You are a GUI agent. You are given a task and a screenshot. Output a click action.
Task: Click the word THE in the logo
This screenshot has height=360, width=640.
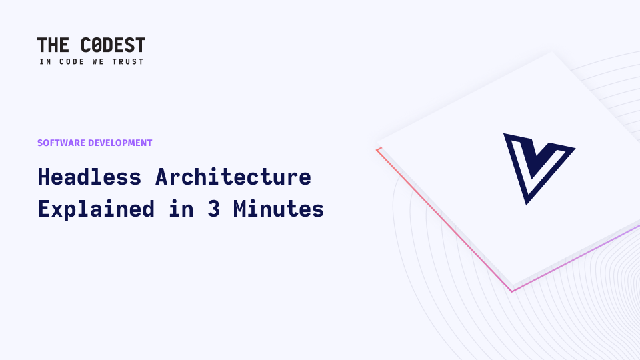(x=53, y=45)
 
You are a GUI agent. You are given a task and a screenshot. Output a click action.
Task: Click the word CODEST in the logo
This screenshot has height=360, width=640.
(x=113, y=45)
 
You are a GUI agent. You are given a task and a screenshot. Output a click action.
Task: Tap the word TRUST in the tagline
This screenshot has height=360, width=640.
(x=128, y=61)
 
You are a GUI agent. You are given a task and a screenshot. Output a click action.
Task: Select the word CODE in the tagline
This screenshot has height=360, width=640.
(x=72, y=61)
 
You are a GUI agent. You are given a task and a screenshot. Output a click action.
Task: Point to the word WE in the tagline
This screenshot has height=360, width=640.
(x=98, y=61)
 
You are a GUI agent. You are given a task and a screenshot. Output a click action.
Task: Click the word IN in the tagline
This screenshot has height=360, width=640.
(x=45, y=61)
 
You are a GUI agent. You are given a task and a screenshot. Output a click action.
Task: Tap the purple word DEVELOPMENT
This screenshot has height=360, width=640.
(x=120, y=143)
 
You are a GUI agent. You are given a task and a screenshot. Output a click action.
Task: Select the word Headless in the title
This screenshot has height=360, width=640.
(x=89, y=177)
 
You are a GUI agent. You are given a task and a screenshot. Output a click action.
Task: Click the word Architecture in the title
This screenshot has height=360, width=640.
(x=233, y=177)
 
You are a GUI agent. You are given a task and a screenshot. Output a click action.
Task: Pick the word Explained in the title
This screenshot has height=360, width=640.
(x=96, y=209)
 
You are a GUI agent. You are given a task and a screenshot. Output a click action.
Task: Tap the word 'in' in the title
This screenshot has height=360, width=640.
(x=181, y=209)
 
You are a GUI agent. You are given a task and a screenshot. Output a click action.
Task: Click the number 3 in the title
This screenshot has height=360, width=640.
(x=214, y=209)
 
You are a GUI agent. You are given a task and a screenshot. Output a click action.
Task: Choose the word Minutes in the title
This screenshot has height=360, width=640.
(x=279, y=209)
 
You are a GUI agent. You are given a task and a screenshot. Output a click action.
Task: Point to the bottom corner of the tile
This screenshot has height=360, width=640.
(x=512, y=291)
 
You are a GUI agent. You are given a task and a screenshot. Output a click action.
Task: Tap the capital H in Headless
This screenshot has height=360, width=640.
(x=44, y=177)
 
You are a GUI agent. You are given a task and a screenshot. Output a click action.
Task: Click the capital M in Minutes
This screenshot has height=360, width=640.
(x=239, y=209)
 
